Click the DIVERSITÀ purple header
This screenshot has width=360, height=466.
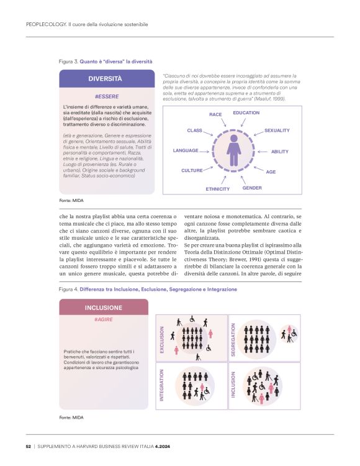click(105, 79)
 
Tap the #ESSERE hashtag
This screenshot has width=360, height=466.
click(106, 97)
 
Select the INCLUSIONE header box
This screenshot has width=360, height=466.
click(103, 308)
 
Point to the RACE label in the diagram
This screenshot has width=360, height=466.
click(215, 115)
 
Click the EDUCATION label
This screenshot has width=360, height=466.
click(246, 113)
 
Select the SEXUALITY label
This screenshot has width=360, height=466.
click(277, 130)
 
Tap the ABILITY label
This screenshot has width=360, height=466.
click(280, 152)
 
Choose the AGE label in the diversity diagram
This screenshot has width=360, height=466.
click(271, 171)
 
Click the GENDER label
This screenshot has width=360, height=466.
click(252, 188)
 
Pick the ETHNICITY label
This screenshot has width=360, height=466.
click(217, 189)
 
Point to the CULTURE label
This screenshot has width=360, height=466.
click(192, 170)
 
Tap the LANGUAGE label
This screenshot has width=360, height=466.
click(186, 150)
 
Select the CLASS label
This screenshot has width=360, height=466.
click(195, 130)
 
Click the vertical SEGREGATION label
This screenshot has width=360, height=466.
click(234, 337)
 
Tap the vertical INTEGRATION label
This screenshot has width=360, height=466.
click(162, 384)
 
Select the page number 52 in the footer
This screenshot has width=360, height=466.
click(29, 446)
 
